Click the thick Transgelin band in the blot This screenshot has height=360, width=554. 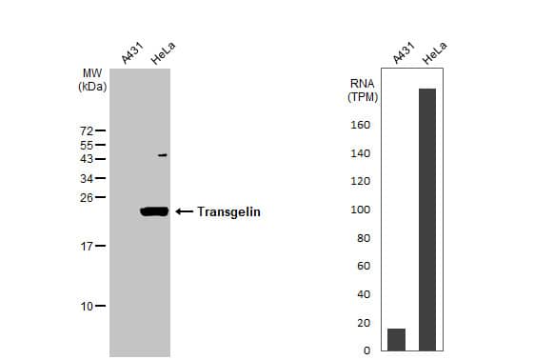[x=153, y=211]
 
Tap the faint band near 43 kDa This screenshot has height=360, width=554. [x=163, y=155]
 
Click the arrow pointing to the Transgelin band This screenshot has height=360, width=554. [x=184, y=211]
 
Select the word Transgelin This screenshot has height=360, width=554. [x=228, y=212]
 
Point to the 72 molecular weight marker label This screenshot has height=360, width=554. [x=86, y=130]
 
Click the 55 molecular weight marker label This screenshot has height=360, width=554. [x=86, y=145]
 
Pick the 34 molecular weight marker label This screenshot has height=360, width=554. [x=86, y=178]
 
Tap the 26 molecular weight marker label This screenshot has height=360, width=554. [x=86, y=198]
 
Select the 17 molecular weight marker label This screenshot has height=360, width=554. [x=86, y=247]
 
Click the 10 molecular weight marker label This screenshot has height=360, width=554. [x=86, y=307]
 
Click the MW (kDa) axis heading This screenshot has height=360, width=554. [x=92, y=79]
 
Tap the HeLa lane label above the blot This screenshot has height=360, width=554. [x=163, y=54]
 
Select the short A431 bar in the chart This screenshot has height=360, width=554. [x=396, y=339]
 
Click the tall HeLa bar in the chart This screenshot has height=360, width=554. [x=427, y=219]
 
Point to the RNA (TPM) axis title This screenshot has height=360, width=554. [x=363, y=90]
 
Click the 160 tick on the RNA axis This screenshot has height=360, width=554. [x=362, y=125]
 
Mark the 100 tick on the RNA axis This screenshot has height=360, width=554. [x=362, y=210]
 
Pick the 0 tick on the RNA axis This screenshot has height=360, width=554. [x=366, y=350]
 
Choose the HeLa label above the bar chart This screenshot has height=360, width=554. [x=434, y=54]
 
